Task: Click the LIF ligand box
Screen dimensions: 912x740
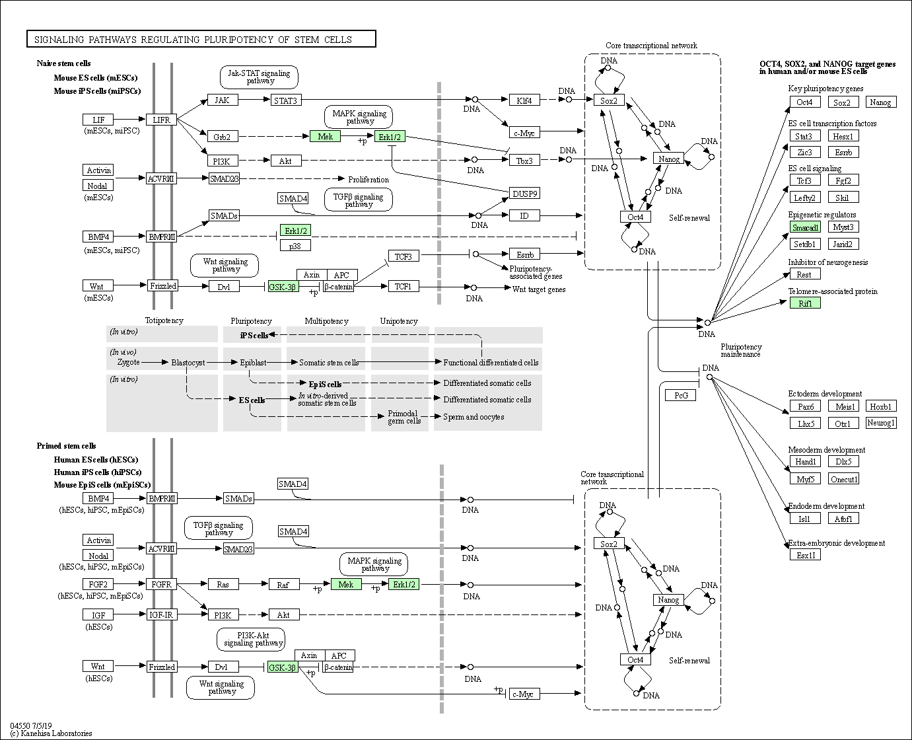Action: tap(98, 120)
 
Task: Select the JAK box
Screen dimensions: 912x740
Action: tap(223, 100)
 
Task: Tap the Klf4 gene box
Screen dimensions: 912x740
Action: tap(524, 100)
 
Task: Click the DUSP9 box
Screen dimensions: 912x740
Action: tap(524, 194)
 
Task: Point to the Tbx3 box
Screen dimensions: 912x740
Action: tap(524, 161)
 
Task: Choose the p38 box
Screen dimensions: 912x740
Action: tap(295, 246)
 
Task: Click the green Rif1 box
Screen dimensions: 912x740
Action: tap(806, 303)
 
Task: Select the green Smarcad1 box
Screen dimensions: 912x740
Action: tap(806, 227)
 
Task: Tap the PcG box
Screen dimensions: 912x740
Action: tap(681, 395)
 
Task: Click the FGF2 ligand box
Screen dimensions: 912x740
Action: tap(98, 584)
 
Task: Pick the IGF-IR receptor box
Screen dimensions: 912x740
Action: tap(161, 615)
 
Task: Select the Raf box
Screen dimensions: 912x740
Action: tap(284, 584)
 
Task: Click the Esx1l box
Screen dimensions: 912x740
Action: tap(806, 555)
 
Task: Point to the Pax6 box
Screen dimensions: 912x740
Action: tap(806, 406)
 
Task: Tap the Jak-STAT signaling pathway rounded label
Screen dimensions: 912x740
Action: tap(259, 77)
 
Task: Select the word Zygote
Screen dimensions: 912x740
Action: tap(129, 362)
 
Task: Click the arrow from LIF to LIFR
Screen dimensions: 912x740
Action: tap(129, 119)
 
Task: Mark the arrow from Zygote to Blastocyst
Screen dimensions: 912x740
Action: tap(155, 362)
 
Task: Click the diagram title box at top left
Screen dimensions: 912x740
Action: tap(201, 39)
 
